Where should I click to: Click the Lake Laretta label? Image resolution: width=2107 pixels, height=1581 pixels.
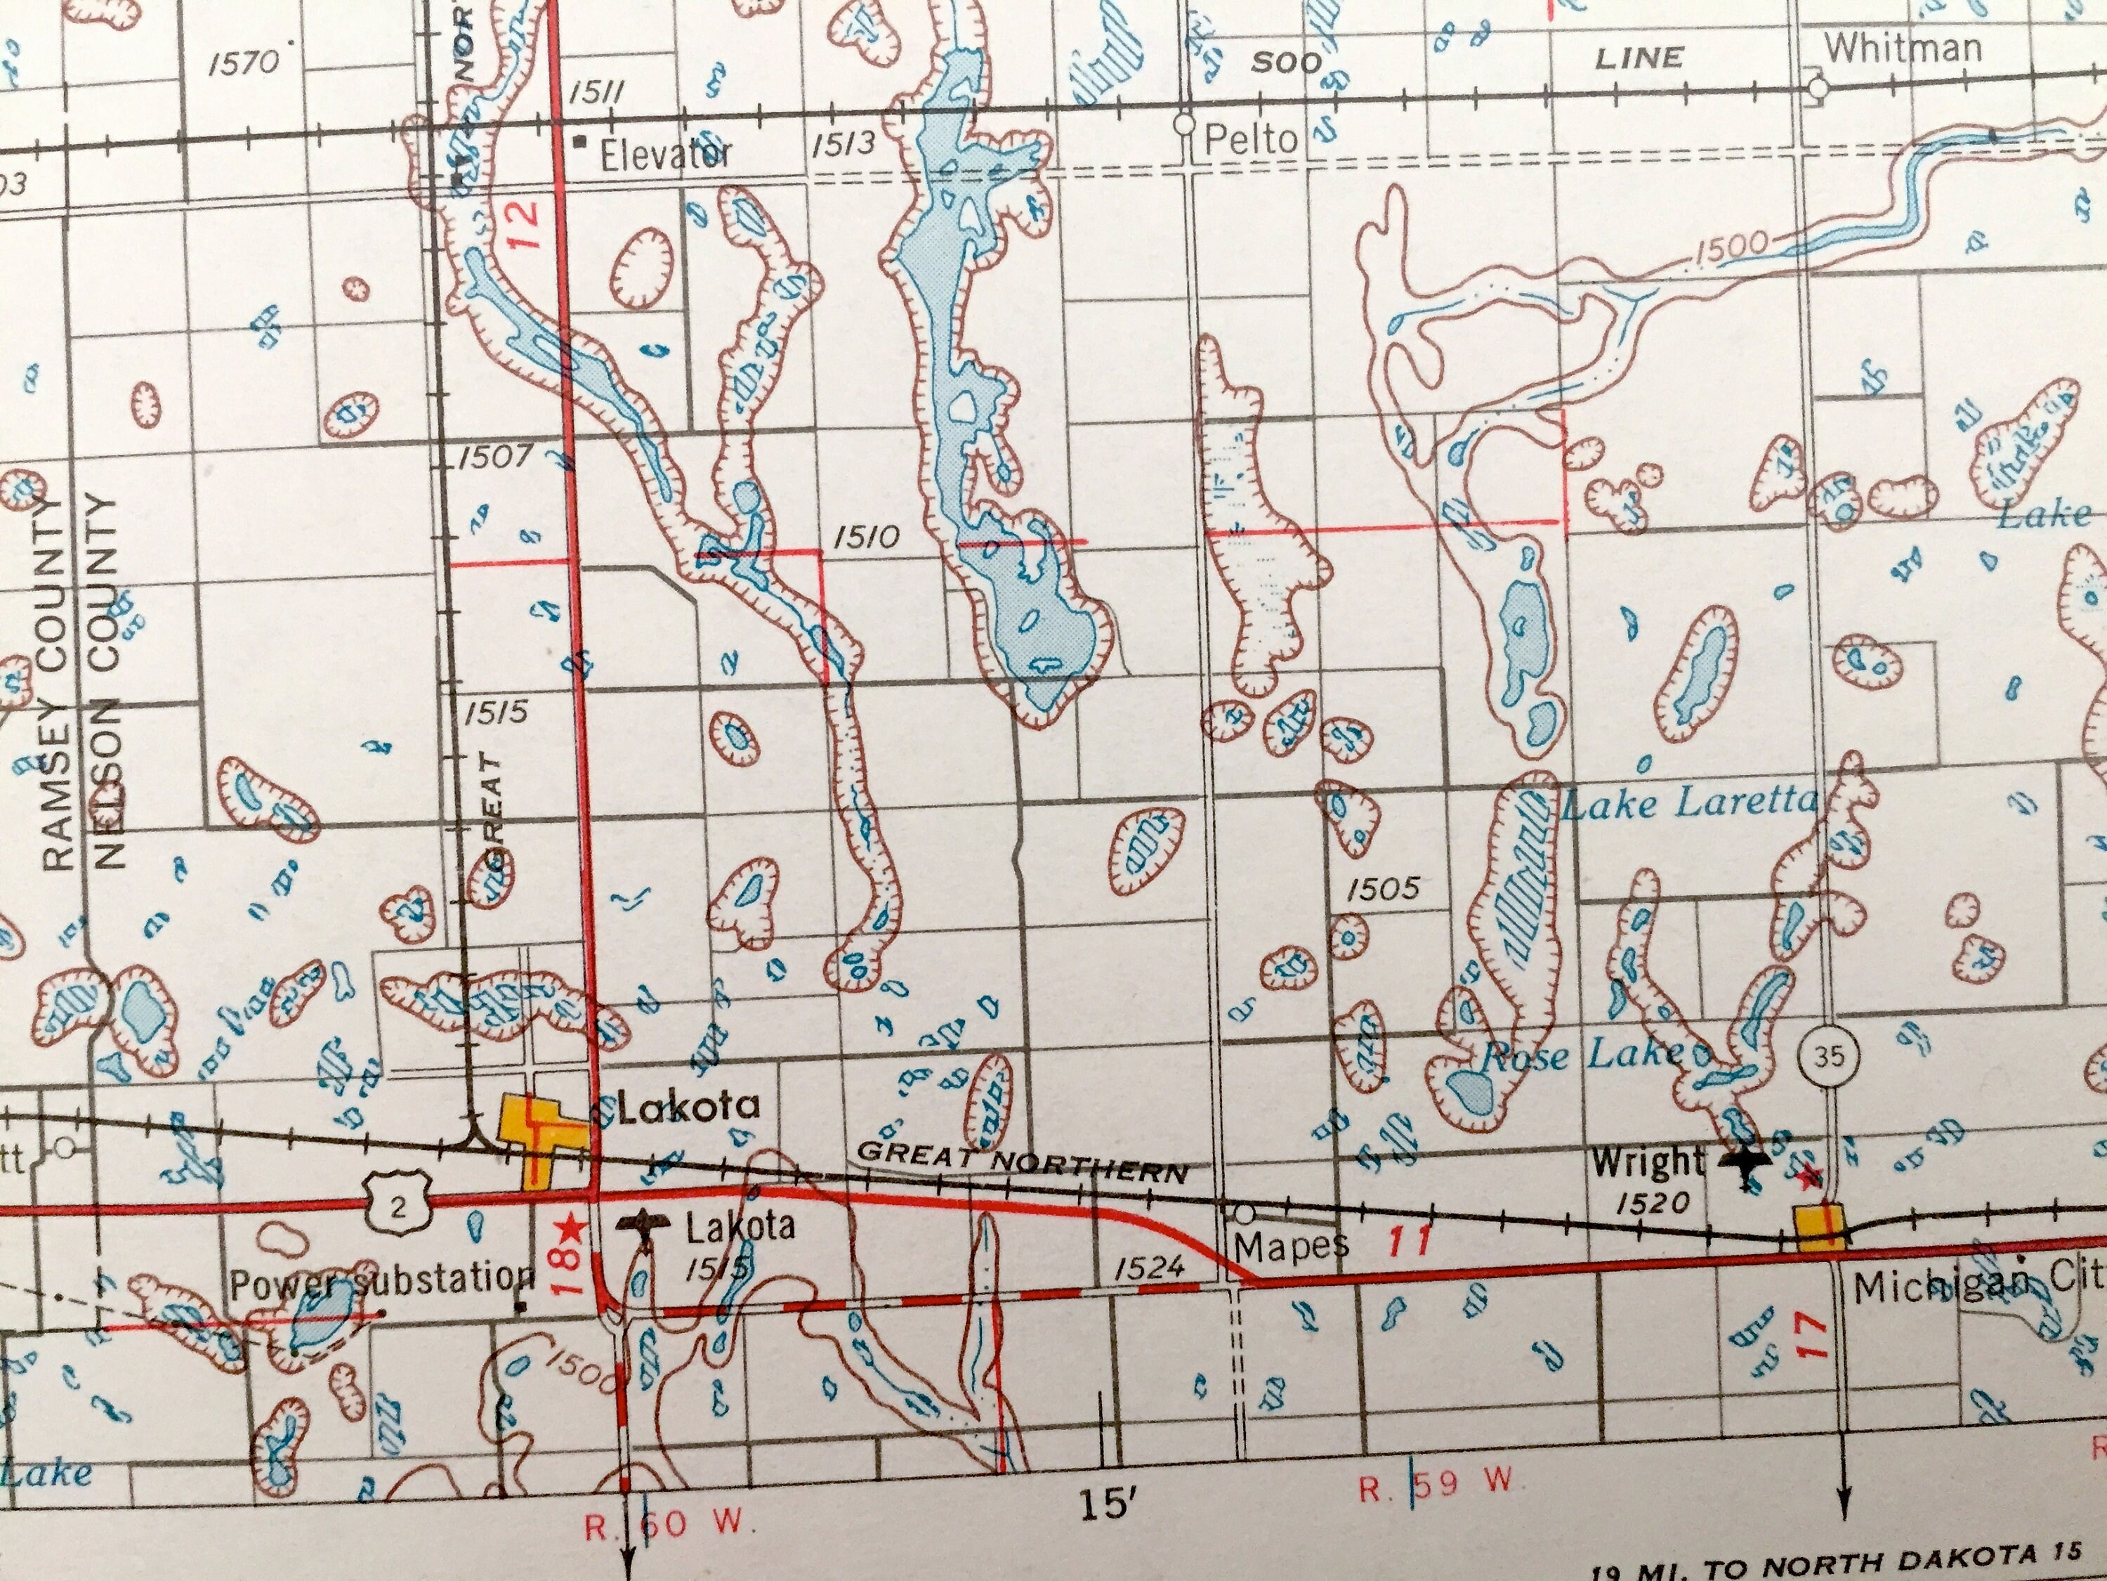tap(1688, 802)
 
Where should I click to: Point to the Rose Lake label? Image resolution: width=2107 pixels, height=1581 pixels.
tap(1580, 1055)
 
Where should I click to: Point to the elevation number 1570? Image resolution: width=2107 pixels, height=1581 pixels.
tap(244, 64)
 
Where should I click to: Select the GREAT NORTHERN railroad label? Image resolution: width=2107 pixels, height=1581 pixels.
tap(1023, 1162)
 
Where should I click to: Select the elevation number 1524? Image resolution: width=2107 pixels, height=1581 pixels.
tap(1149, 1266)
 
